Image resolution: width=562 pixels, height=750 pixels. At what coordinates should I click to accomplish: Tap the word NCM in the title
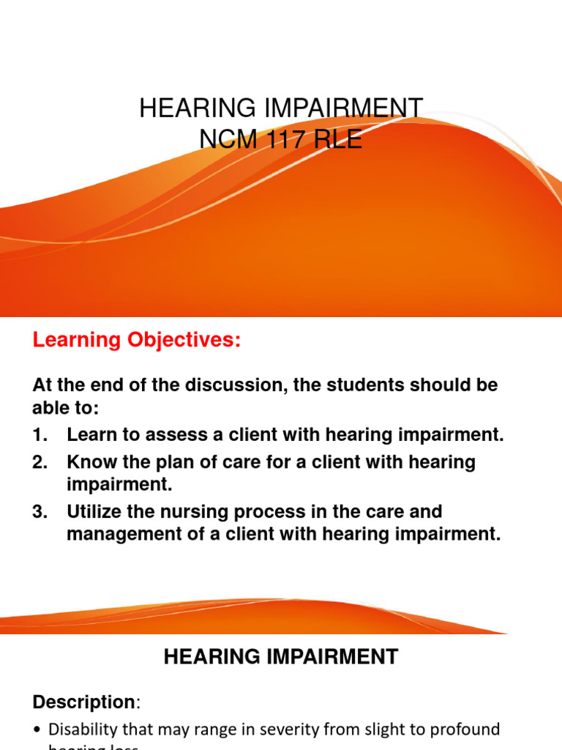[226, 138]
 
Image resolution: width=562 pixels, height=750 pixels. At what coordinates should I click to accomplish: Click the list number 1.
[40, 435]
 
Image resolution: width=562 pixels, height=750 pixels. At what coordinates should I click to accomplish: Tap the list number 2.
[40, 462]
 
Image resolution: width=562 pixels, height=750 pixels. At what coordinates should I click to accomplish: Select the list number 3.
[40, 511]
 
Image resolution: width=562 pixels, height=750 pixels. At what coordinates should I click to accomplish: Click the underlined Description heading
[83, 702]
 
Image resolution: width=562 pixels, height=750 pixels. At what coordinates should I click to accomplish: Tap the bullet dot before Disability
[37, 730]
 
